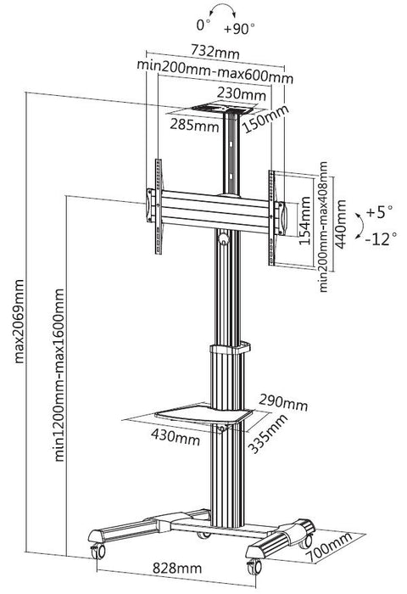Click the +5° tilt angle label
[376, 210]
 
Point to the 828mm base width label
[177, 568]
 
